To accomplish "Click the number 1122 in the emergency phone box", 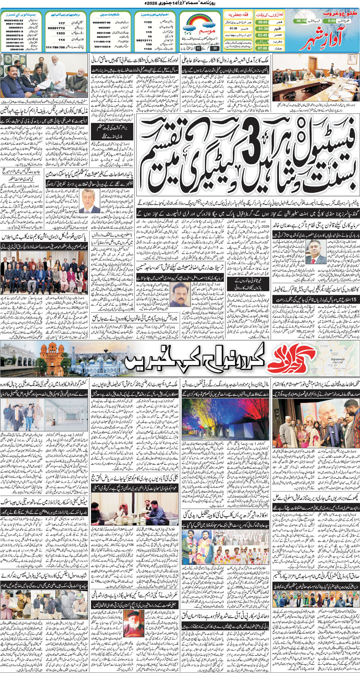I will [x=148, y=22].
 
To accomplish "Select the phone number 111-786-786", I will [x=55, y=48].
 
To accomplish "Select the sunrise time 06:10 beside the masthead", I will [x=301, y=21].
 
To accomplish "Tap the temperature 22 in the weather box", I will [x=214, y=48].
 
